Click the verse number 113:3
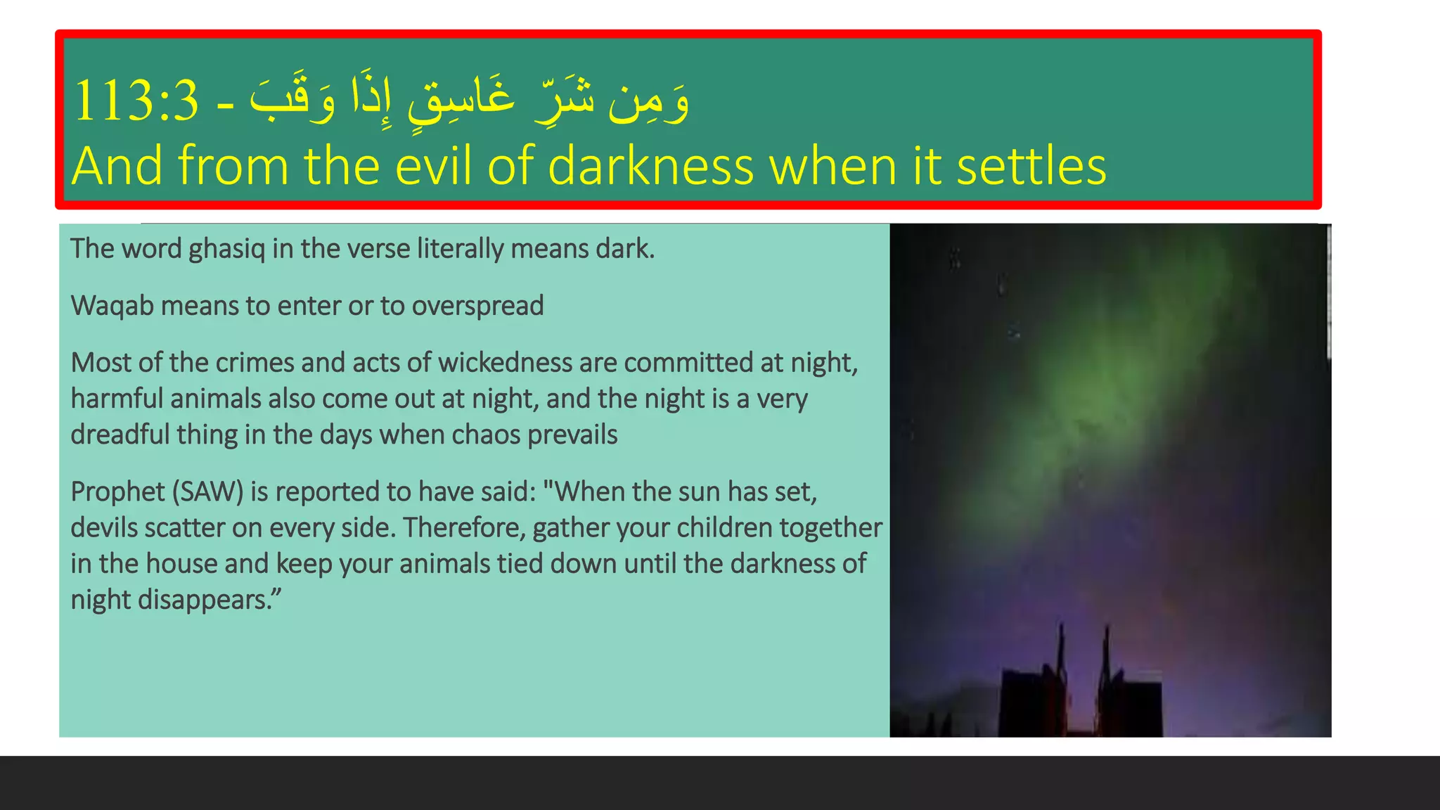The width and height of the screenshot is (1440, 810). (136, 101)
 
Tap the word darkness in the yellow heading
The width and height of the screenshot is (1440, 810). (650, 166)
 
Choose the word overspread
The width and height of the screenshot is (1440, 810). (477, 307)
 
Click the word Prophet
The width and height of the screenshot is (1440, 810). (117, 491)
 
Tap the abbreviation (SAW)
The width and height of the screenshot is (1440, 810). (208, 491)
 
